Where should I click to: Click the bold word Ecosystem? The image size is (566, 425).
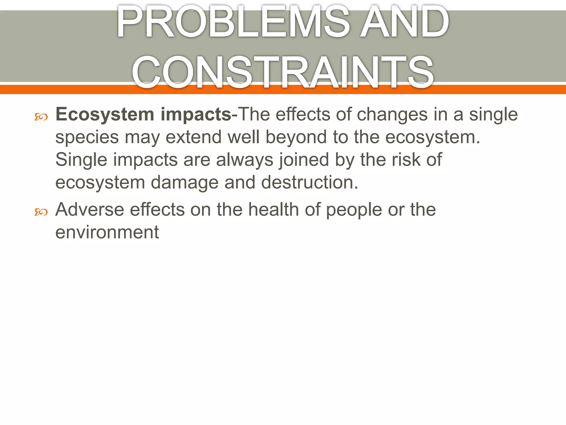(x=105, y=115)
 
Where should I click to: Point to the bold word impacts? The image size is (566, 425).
(x=196, y=115)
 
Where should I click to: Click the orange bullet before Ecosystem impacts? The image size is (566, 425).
(x=41, y=117)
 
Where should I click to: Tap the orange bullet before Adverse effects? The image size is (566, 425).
(x=41, y=212)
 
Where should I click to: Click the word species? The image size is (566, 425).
(x=87, y=138)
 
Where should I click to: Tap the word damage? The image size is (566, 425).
(x=185, y=183)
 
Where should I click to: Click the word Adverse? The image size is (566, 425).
(x=90, y=209)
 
